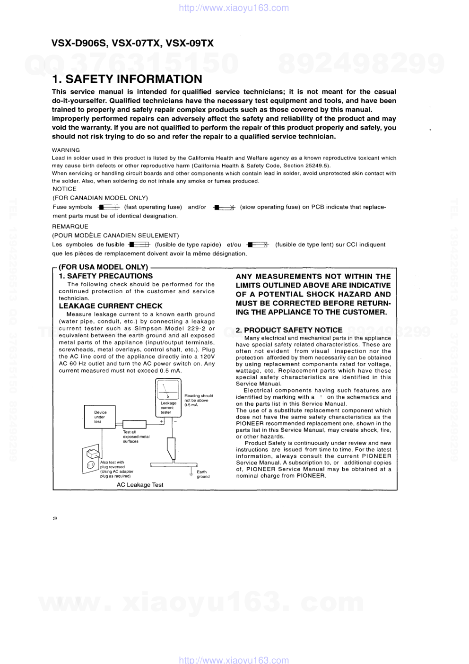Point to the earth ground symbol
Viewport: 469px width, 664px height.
click(x=191, y=472)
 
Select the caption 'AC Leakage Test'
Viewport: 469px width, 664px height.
click(x=140, y=485)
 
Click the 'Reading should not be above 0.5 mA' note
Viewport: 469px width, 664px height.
click(x=198, y=400)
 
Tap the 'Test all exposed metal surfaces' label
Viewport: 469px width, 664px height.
click(x=136, y=437)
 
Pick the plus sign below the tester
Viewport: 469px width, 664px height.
click(x=162, y=421)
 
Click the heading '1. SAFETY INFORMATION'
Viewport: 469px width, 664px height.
click(x=127, y=79)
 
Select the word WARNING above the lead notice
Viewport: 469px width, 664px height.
click(x=66, y=150)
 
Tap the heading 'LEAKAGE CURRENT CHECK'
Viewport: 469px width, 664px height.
click(x=110, y=306)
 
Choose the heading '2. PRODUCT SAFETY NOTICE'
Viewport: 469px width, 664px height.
click(x=289, y=330)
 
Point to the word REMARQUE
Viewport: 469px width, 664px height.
click(x=70, y=227)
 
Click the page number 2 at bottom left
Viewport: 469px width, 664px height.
click(x=55, y=518)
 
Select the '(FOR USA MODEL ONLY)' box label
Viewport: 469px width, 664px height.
click(x=103, y=267)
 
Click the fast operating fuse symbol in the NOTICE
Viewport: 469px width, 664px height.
click(x=109, y=207)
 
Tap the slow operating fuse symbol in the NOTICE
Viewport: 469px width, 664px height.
click(x=224, y=207)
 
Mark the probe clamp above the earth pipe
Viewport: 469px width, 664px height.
click(x=171, y=447)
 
